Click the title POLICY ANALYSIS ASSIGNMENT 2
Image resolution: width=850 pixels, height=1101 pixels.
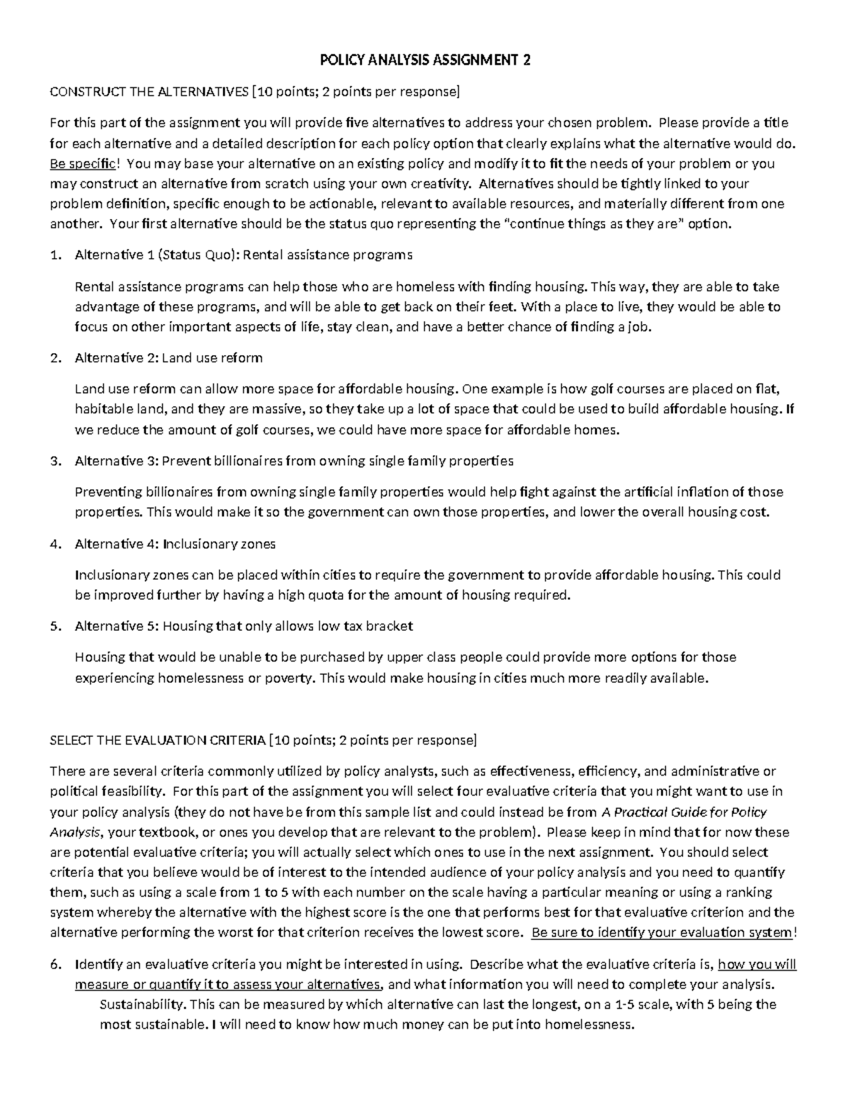click(x=425, y=60)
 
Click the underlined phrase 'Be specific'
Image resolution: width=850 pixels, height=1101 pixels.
click(x=81, y=164)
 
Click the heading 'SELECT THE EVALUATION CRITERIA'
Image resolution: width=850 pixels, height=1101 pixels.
click(x=157, y=740)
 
